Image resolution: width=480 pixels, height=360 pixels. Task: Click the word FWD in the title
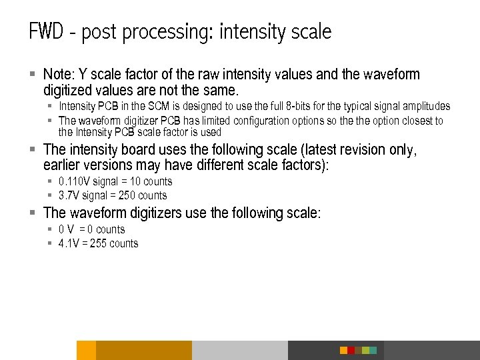coord(45,31)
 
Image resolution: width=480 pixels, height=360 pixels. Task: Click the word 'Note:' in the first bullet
coord(59,74)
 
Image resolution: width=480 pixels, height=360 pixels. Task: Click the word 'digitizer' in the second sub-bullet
coord(145,121)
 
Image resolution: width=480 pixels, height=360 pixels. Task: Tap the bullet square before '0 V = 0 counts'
coord(50,229)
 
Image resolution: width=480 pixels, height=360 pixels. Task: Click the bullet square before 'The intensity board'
coord(33,149)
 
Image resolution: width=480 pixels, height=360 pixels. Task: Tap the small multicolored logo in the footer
coord(358,350)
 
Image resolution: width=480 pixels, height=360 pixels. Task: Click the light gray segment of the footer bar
coord(240,350)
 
